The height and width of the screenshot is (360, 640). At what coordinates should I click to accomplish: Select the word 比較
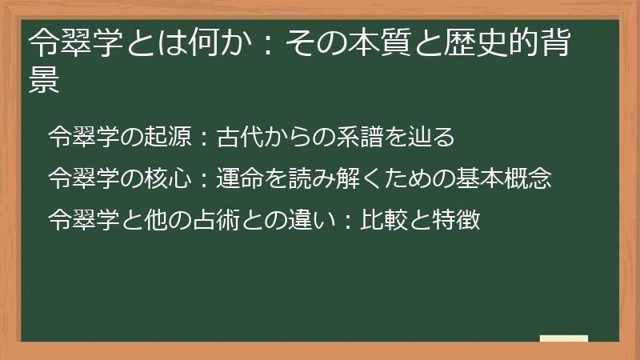pyautogui.click(x=387, y=218)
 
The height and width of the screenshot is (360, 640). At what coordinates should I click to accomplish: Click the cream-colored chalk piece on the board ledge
pyautogui.click(x=563, y=338)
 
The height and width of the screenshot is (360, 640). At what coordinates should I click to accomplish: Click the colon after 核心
pyautogui.click(x=204, y=178)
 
